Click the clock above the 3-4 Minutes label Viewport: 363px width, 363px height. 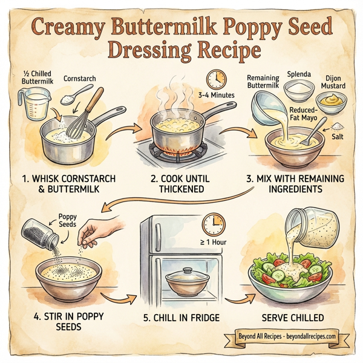click(215, 80)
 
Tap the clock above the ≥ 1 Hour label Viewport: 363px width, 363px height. click(212, 224)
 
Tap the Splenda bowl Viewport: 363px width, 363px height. click(298, 91)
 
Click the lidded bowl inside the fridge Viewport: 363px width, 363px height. click(181, 280)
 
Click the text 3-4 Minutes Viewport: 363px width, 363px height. click(216, 96)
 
